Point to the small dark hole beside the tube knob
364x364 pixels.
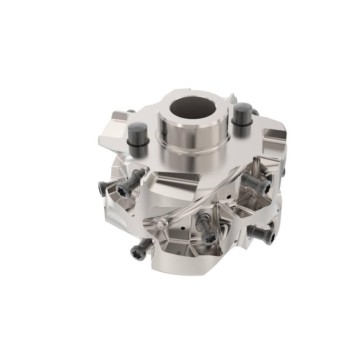tap(182, 229)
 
